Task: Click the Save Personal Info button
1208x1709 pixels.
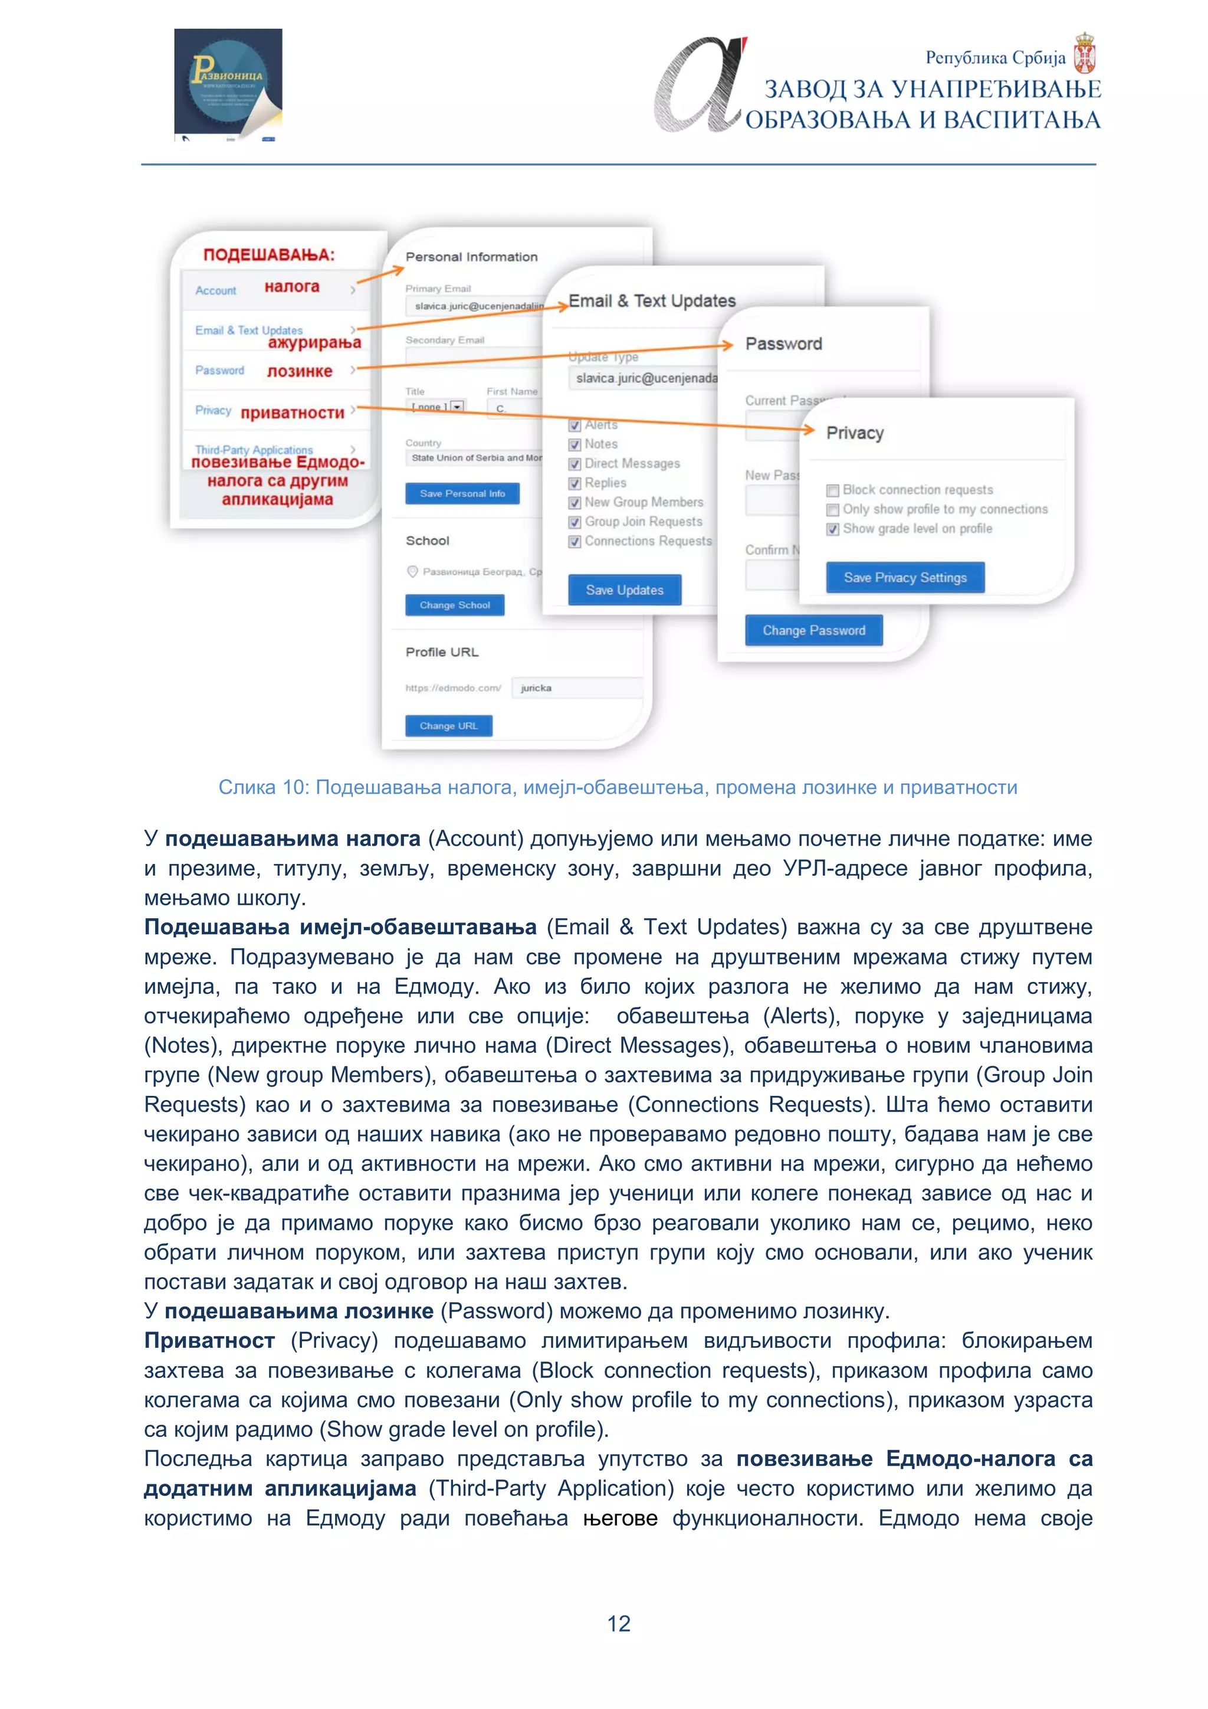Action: click(x=462, y=493)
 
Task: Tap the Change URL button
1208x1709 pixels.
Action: click(x=448, y=726)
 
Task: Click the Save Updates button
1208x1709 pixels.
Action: click(x=624, y=590)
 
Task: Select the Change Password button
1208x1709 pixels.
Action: click(x=814, y=630)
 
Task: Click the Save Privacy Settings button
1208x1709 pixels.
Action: click(x=904, y=578)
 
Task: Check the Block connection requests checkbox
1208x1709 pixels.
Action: click(x=833, y=490)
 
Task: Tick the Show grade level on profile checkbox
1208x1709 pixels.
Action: click(x=833, y=529)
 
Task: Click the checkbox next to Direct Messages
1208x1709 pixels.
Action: click(x=575, y=464)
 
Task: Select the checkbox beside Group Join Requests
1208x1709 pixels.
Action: click(x=575, y=522)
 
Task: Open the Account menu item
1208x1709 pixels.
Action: click(x=216, y=291)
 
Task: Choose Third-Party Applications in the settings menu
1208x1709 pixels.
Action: click(x=254, y=450)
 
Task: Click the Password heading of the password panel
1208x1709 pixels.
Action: click(x=783, y=344)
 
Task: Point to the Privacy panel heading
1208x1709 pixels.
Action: click(x=855, y=433)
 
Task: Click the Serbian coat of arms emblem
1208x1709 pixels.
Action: click(x=1085, y=54)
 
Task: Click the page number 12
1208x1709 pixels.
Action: click(x=618, y=1623)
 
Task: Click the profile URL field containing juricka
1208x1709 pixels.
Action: click(x=576, y=687)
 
